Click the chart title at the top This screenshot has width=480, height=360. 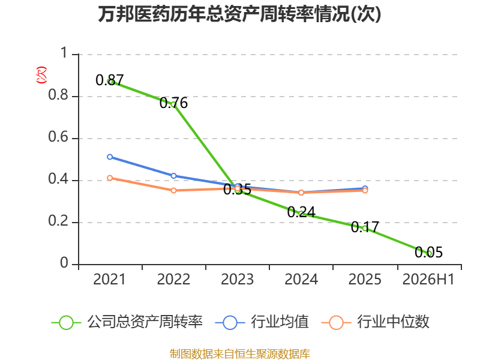pyautogui.click(x=239, y=14)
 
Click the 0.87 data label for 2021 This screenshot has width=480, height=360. pyautogui.click(x=110, y=80)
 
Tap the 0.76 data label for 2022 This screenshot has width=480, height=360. pyautogui.click(x=173, y=103)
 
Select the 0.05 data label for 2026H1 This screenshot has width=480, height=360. pyautogui.click(x=428, y=252)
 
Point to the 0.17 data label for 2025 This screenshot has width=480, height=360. pyautogui.click(x=365, y=227)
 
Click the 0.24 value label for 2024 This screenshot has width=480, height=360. pyautogui.click(x=301, y=212)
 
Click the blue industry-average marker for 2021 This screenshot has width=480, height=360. pyautogui.click(x=110, y=157)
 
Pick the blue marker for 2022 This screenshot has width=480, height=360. pyautogui.click(x=173, y=176)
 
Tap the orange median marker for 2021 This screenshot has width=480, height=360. pyautogui.click(x=110, y=178)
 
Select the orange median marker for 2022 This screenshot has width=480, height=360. pyautogui.click(x=173, y=190)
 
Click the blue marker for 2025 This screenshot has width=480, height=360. pyautogui.click(x=365, y=188)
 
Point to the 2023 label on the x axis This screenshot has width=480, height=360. pyautogui.click(x=237, y=279)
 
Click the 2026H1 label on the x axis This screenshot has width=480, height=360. pyautogui.click(x=428, y=279)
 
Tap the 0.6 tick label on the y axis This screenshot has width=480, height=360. pyautogui.click(x=58, y=137)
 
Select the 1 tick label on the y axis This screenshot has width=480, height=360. pyautogui.click(x=64, y=53)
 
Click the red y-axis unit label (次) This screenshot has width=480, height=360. pyautogui.click(x=41, y=75)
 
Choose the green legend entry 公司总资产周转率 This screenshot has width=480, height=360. pyautogui.click(x=127, y=322)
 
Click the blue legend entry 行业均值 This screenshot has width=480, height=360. pyautogui.click(x=262, y=322)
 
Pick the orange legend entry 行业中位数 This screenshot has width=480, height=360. pyautogui.click(x=376, y=322)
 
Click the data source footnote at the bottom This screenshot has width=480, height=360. pyautogui.click(x=239, y=354)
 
